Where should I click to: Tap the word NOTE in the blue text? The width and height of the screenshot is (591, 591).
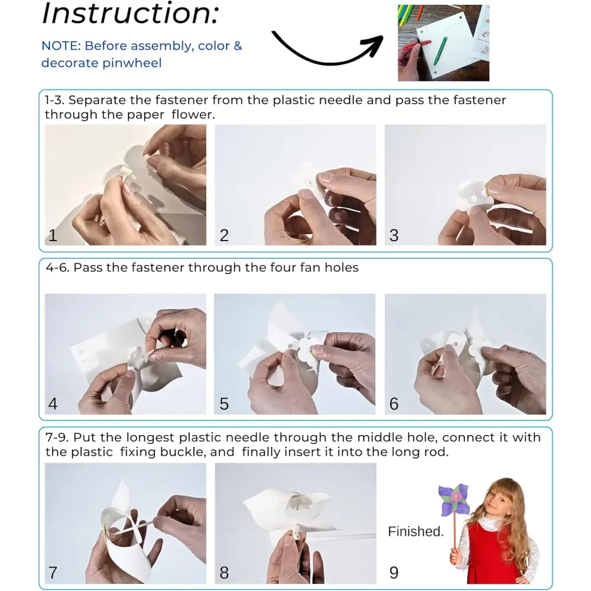[x=61, y=46]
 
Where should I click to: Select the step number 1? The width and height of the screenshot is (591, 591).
[x=53, y=235]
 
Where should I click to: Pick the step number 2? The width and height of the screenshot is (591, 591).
[x=224, y=235]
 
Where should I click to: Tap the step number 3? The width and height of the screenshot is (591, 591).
[x=394, y=235]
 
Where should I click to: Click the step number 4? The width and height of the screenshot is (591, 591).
[x=53, y=404]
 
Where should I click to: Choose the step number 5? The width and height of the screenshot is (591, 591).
[x=224, y=404]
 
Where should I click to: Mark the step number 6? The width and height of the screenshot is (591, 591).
[x=394, y=404]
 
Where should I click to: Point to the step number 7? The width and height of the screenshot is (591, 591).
[x=53, y=573]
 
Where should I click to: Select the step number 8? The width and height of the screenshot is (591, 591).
[x=224, y=573]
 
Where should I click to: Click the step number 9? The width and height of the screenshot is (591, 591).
[x=394, y=573]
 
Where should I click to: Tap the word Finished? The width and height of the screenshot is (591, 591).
[x=415, y=531]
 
